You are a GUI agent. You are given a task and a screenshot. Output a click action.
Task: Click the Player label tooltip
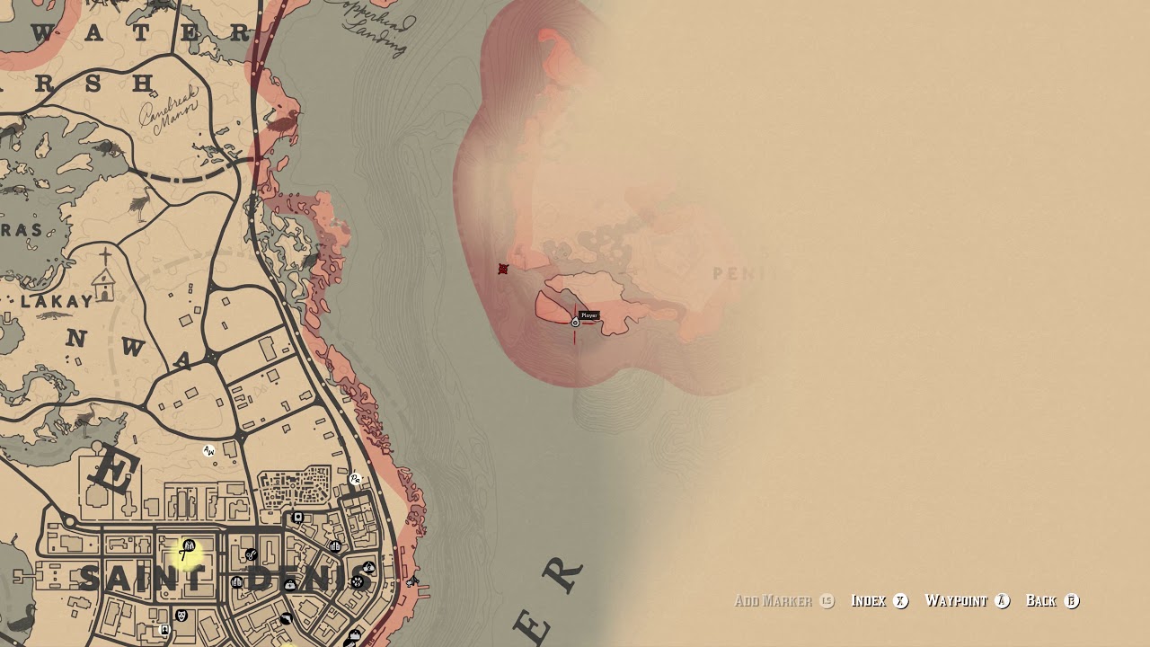point(589,315)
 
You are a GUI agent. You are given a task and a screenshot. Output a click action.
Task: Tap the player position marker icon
point(576,322)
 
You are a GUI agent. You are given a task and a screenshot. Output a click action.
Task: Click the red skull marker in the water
point(503,270)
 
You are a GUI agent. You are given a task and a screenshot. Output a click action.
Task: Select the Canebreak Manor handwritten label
point(168,115)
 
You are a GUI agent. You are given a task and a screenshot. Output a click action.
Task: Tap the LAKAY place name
point(56,302)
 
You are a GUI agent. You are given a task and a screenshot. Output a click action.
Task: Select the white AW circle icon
point(209,451)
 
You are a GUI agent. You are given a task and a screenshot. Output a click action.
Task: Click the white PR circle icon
point(355,480)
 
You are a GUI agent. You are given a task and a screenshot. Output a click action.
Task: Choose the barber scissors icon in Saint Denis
point(252,555)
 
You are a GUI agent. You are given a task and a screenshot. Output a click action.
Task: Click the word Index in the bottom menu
point(868,601)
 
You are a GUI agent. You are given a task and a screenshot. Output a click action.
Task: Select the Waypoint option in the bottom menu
point(956,601)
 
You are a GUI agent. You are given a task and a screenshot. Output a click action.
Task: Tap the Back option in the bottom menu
point(1041,601)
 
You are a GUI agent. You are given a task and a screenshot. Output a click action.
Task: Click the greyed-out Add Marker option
point(774,601)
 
